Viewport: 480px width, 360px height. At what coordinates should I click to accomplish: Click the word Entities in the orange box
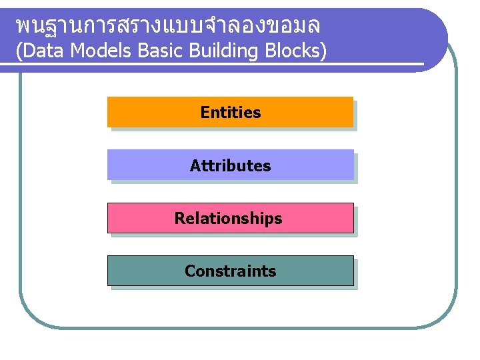coord(231,113)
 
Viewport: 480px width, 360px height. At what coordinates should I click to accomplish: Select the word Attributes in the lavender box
coord(231,165)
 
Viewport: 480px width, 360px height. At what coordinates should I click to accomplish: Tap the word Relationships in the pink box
coord(229,218)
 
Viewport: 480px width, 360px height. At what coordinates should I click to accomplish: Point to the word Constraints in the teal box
coord(230,271)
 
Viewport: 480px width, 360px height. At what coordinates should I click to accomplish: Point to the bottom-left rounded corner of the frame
coord(30,316)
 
